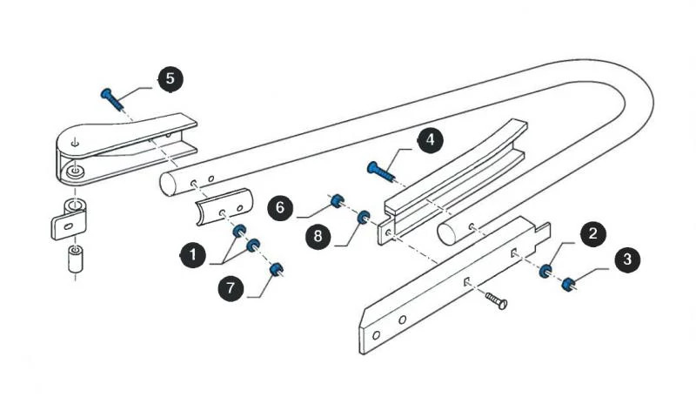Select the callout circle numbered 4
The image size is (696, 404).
(x=429, y=140)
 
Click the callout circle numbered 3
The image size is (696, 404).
(x=625, y=259)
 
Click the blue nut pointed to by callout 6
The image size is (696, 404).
(x=336, y=202)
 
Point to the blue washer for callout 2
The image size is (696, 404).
(x=545, y=272)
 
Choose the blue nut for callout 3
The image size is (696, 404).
(x=568, y=283)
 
